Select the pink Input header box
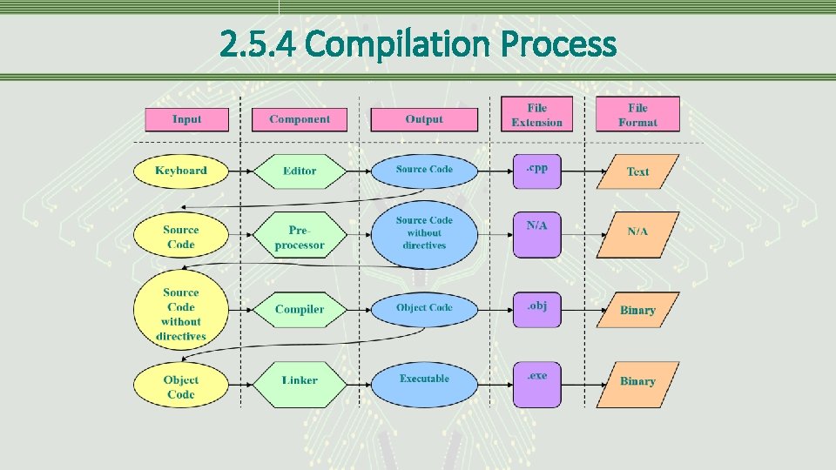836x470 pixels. pyautogui.click(x=186, y=119)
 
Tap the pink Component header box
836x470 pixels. pyautogui.click(x=300, y=119)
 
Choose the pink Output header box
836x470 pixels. pyautogui.click(x=424, y=119)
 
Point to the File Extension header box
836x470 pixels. pyautogui.click(x=537, y=115)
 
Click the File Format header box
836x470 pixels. pyautogui.click(x=637, y=115)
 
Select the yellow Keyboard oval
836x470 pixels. pyautogui.click(x=181, y=171)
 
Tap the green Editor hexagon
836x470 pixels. pyautogui.click(x=300, y=171)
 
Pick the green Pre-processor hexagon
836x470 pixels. pyautogui.click(x=300, y=237)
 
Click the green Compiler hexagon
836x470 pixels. pyautogui.click(x=300, y=309)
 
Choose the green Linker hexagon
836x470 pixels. pyautogui.click(x=300, y=380)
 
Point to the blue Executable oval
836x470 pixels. pyautogui.click(x=424, y=379)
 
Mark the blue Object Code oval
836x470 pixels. pyautogui.click(x=424, y=308)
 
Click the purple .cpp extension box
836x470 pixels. pyautogui.click(x=537, y=171)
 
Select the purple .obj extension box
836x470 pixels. pyautogui.click(x=537, y=309)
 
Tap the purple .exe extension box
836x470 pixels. pyautogui.click(x=537, y=384)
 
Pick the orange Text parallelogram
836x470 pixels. pyautogui.click(x=637, y=171)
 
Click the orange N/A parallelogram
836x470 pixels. pyautogui.click(x=637, y=233)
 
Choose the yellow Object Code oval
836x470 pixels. pyautogui.click(x=181, y=386)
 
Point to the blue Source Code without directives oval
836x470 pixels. pyautogui.click(x=424, y=233)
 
